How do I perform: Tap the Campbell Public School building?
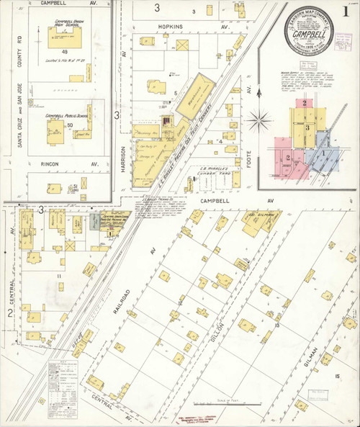click(55, 129)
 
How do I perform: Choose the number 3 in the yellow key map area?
click(307, 127)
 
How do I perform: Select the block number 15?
click(336, 377)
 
